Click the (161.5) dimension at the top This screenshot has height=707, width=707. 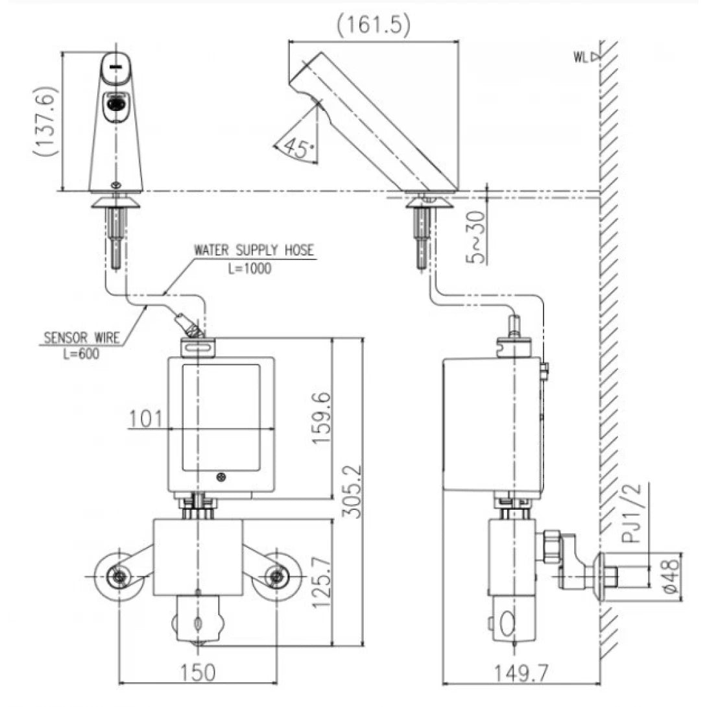click(x=374, y=24)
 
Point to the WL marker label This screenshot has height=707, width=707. click(x=582, y=57)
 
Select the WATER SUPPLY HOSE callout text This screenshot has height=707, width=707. click(x=254, y=250)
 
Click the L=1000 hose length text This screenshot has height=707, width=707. click(x=250, y=269)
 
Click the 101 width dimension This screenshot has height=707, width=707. click(x=146, y=418)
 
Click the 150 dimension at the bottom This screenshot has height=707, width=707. click(x=198, y=673)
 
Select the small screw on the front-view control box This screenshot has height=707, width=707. click(x=223, y=478)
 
